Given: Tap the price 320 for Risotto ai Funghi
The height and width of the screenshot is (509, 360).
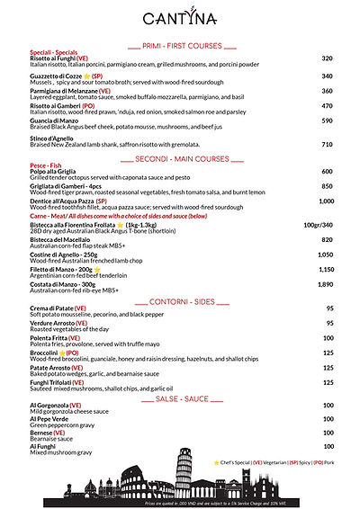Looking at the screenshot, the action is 327,58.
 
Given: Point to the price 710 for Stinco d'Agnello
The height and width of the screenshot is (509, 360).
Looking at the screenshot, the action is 327,145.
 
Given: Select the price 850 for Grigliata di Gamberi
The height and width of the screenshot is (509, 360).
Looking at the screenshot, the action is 327,186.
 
